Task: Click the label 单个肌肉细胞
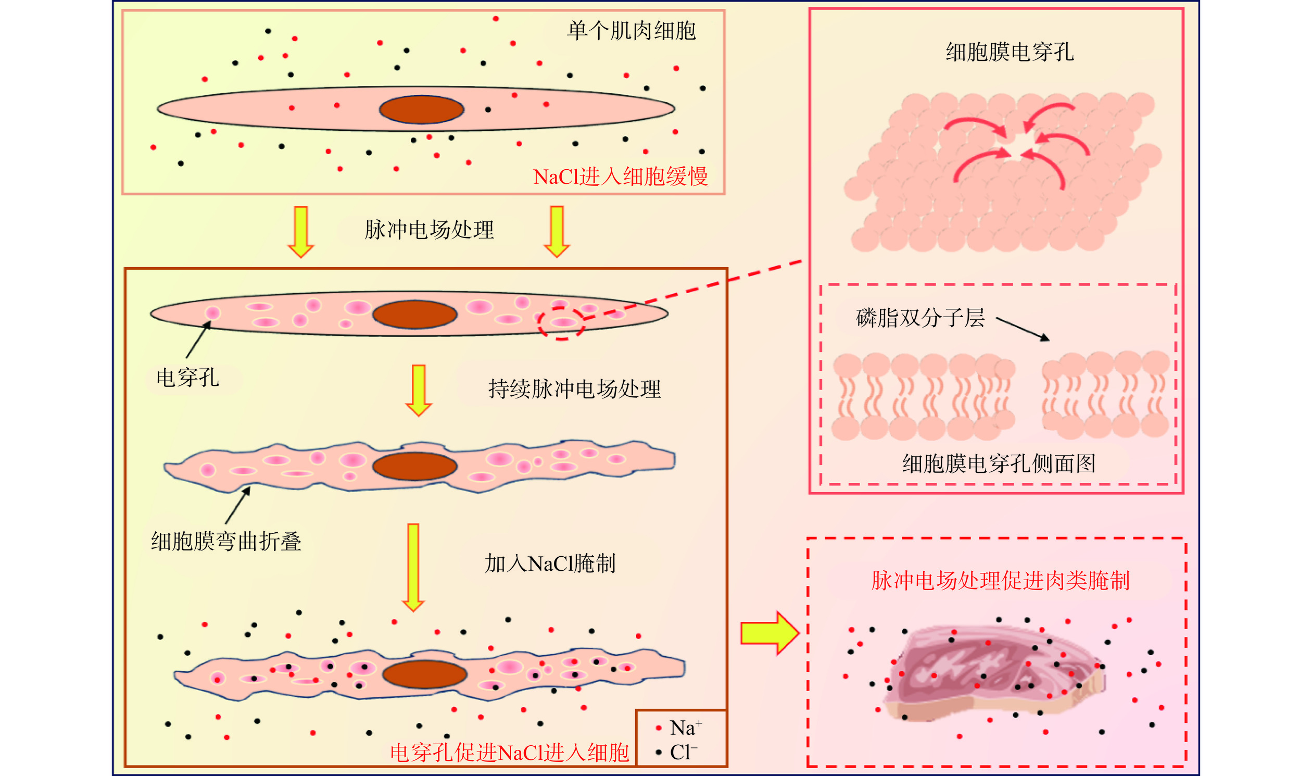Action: [x=632, y=31]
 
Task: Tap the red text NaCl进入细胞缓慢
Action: [x=620, y=177]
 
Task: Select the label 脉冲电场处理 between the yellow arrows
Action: [x=429, y=230]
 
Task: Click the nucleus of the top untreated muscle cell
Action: [x=421, y=109]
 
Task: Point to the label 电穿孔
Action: [x=187, y=378]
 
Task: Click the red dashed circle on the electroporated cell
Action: [x=561, y=322]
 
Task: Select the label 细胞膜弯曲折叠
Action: [x=226, y=541]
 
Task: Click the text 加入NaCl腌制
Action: [x=550, y=564]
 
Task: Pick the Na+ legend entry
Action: [x=679, y=728]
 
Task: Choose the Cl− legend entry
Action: [x=678, y=753]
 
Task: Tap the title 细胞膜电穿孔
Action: [x=1010, y=52]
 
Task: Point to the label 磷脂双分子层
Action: [x=920, y=318]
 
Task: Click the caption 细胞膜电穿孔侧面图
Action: [x=999, y=464]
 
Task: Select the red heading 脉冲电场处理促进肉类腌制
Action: [x=1001, y=581]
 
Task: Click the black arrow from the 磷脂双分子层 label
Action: [x=1022, y=330]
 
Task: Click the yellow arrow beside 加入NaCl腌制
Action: [x=413, y=567]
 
